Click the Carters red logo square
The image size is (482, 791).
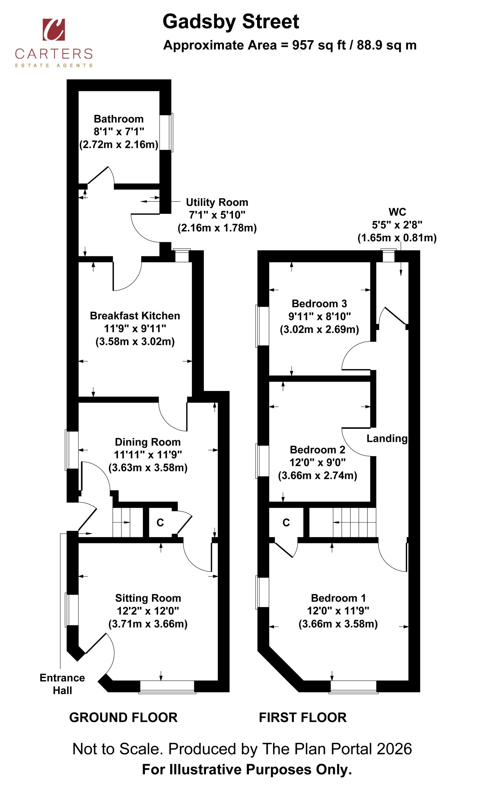53,30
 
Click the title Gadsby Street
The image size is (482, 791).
231,22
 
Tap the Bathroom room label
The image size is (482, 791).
118,119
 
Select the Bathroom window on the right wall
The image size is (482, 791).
166,132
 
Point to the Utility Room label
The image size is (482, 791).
217,202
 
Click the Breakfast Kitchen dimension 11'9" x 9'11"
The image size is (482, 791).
135,328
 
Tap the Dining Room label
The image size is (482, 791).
148,442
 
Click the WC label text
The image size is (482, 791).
397,212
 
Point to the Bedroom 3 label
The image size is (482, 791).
319,303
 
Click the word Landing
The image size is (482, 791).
387,438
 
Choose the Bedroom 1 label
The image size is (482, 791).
338,598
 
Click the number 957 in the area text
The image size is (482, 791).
303,45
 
